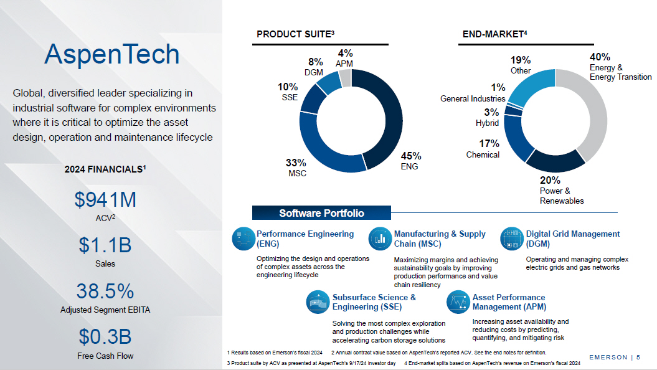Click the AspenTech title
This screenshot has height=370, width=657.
coord(111,55)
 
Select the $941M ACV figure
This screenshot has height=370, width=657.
coord(105,200)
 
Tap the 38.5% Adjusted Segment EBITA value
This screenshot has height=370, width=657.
coord(105,291)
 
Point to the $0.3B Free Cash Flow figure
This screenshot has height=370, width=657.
coord(105,336)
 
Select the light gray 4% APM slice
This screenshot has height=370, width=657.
coord(345,77)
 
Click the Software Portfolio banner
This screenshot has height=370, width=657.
coord(321,214)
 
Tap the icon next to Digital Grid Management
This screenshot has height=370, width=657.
coord(511,238)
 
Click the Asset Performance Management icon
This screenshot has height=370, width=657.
coord(458,301)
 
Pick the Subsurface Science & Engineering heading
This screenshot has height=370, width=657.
coord(374,302)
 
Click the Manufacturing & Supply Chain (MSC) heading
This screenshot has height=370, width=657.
coord(440,239)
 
